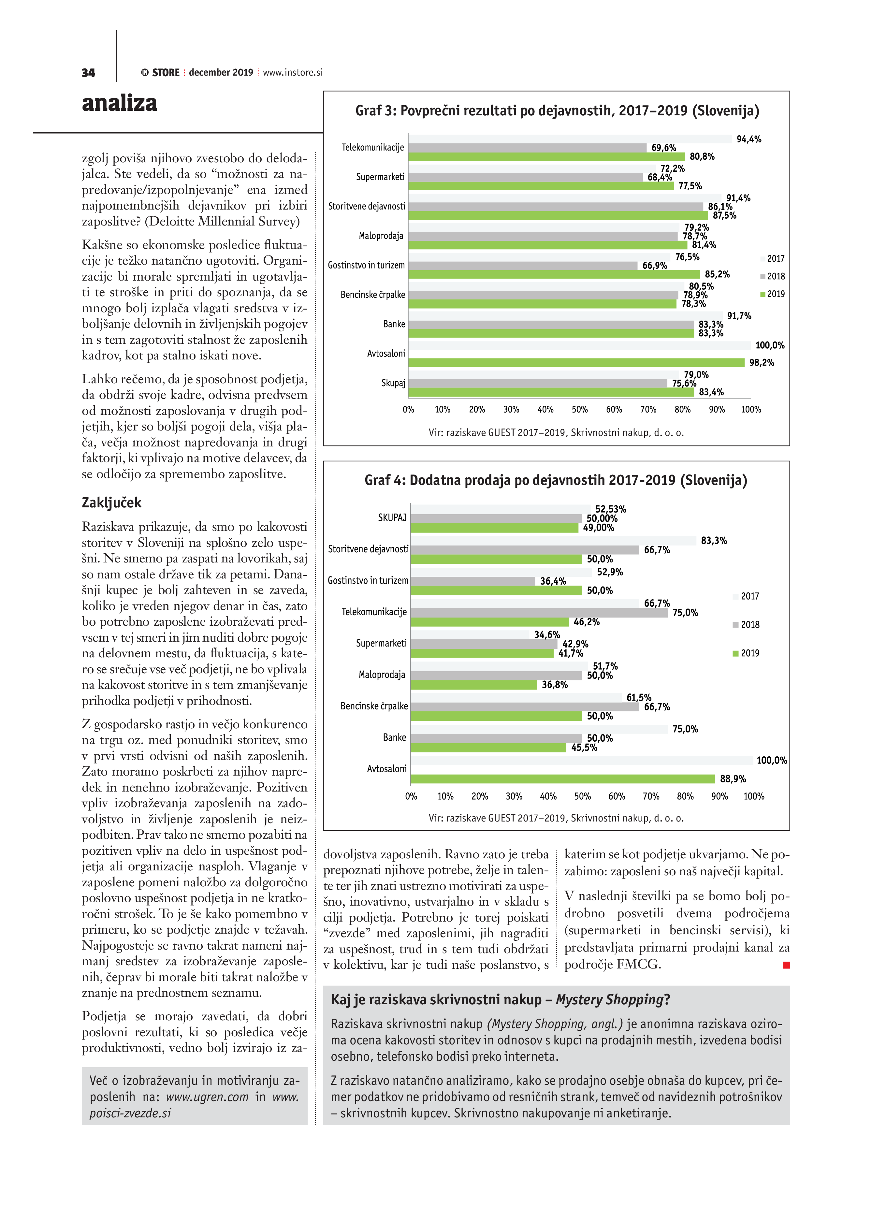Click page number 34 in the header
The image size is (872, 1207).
click(88, 73)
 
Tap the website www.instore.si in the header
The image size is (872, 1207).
click(293, 72)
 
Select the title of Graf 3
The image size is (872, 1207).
click(557, 111)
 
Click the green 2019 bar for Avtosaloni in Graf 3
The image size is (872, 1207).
click(576, 362)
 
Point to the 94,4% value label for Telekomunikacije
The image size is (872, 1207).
click(748, 139)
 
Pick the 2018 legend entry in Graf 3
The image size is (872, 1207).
click(773, 276)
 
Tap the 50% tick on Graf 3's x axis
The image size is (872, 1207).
click(579, 409)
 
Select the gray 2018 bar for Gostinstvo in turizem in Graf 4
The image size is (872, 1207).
click(472, 581)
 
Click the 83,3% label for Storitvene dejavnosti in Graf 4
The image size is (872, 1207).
click(713, 541)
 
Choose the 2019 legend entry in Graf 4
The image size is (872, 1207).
click(747, 653)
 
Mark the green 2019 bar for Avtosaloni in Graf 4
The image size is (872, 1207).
click(562, 778)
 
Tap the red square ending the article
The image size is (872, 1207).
click(786, 965)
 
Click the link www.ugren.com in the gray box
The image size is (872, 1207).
click(207, 1097)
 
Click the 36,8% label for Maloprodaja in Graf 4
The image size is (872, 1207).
click(554, 685)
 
